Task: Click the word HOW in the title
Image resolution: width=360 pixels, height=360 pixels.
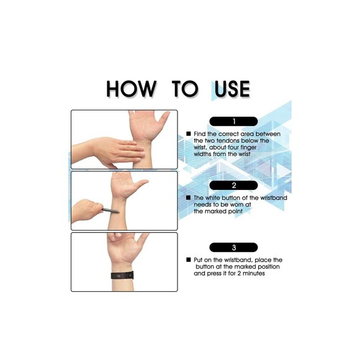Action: pyautogui.click(x=132, y=89)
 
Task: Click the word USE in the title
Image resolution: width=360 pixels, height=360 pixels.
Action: pyautogui.click(x=232, y=89)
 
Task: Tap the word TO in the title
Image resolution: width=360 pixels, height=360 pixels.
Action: pyautogui.click(x=184, y=89)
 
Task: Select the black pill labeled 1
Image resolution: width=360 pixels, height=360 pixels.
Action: pyautogui.click(x=233, y=121)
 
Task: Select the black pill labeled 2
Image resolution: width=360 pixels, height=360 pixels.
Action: pyautogui.click(x=233, y=186)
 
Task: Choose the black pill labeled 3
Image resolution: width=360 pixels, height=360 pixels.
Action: pyautogui.click(x=233, y=247)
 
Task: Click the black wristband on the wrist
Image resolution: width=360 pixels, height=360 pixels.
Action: pyautogui.click(x=122, y=276)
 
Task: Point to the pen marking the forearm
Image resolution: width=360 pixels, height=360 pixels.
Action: pyautogui.click(x=110, y=210)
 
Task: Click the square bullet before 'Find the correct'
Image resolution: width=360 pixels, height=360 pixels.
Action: pyautogui.click(x=189, y=133)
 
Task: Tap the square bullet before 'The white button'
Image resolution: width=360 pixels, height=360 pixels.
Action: pyautogui.click(x=189, y=197)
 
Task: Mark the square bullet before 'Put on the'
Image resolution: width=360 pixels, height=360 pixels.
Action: pyautogui.click(x=189, y=259)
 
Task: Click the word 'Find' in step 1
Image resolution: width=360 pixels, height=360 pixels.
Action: pyautogui.click(x=200, y=134)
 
